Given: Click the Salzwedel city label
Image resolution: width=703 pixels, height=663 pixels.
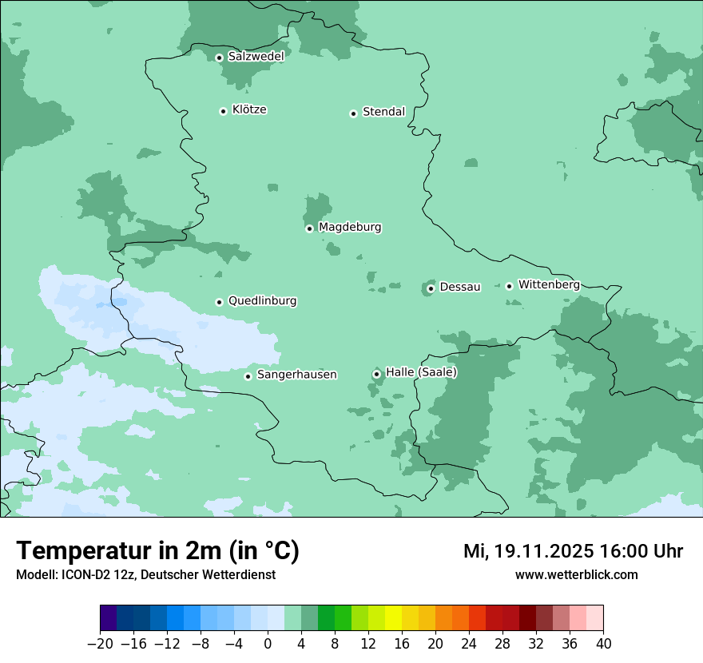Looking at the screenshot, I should pos(256,57).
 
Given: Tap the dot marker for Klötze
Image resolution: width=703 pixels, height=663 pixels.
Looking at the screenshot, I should pos(223,111).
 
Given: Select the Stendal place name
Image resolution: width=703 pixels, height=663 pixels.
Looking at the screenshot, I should pos(383,112).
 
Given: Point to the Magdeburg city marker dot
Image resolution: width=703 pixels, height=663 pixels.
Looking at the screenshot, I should pos(309,228).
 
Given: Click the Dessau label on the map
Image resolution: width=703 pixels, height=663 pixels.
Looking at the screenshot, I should pos(460,287).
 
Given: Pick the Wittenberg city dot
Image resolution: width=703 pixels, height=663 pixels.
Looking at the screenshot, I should pos(509,286).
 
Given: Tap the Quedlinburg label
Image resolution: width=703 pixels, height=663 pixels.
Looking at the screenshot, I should pos(262,301).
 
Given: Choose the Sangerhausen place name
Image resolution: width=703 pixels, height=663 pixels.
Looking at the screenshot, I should pos(296,375).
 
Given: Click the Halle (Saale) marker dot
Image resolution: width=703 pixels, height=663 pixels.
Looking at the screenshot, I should pos(376,374).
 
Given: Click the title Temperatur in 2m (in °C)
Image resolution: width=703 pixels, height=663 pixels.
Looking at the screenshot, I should pos(157,551).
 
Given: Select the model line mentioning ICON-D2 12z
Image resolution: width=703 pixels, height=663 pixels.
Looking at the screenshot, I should pos(145,575).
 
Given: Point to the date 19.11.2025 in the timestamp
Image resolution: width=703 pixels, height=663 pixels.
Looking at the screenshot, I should pos(540,551).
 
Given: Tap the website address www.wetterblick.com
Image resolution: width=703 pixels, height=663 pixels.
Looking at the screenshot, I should pos(576,575).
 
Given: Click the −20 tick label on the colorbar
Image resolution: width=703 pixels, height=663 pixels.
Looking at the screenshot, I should pos(101,644).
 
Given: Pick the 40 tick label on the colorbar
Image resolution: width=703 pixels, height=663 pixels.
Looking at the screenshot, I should pos(603,644).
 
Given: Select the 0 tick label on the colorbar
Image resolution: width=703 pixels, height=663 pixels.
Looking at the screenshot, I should pos(268,644).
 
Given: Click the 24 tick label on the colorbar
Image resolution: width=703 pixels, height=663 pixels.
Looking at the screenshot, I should pos(469,644).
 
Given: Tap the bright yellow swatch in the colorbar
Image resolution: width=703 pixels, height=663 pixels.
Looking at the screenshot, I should pos(393,618).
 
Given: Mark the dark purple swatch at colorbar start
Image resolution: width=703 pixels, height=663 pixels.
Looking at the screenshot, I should pos(109,618).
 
